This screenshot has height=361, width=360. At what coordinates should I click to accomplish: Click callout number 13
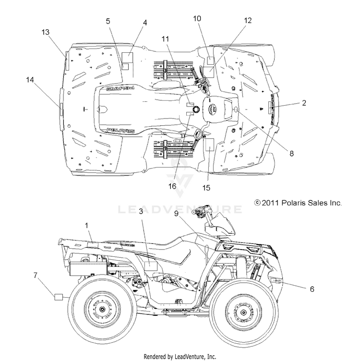click(x=45, y=32)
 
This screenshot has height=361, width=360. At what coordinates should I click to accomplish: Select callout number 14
click(x=30, y=80)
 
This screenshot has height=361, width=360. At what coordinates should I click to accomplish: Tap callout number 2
click(x=304, y=103)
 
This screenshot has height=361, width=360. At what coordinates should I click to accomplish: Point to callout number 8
click(x=291, y=153)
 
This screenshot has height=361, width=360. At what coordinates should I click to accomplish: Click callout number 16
click(x=172, y=186)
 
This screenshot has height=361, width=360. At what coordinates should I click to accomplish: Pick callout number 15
click(x=206, y=188)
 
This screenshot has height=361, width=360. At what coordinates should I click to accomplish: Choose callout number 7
click(x=35, y=275)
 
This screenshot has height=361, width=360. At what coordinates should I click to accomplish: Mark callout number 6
click(x=312, y=289)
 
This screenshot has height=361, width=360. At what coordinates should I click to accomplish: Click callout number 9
click(x=176, y=214)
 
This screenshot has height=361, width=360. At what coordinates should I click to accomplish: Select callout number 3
click(x=141, y=211)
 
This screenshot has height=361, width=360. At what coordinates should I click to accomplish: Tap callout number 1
click(x=86, y=226)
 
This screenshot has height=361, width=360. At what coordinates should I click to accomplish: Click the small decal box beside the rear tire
click(x=59, y=297)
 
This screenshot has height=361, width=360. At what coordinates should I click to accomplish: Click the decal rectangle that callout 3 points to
click(x=151, y=266)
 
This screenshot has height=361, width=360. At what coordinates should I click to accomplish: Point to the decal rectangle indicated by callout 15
click(x=210, y=144)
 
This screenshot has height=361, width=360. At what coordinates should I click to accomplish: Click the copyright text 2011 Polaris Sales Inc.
click(x=298, y=203)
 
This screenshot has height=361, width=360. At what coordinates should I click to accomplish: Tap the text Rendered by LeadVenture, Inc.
click(x=180, y=357)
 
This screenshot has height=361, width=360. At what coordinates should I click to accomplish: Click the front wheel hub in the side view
click(x=243, y=312)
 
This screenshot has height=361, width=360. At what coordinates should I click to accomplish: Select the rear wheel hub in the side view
click(x=102, y=309)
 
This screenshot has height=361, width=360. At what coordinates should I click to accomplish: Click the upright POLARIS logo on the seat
click(x=121, y=131)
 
